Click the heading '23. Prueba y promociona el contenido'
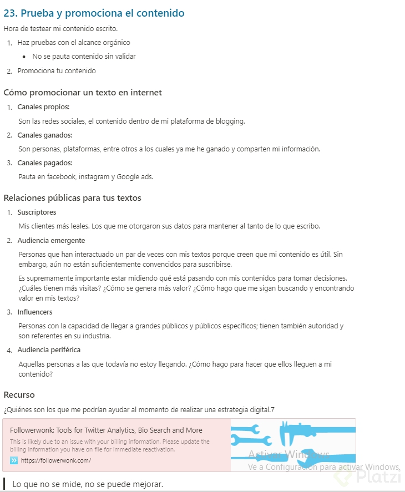coord(94,13)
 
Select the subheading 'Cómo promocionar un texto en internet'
coord(83,93)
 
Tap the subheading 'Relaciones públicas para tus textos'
coord(72,198)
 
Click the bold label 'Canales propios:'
coord(43,107)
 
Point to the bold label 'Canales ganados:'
coord(45,135)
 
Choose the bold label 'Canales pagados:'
coord(45,163)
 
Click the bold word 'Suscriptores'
coord(37,212)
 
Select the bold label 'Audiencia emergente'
coord(51,241)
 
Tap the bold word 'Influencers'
coord(35,312)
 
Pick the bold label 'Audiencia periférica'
coord(49,350)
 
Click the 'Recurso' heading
coord(19,395)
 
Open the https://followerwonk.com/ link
coord(56,460)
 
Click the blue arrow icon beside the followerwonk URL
coord(14,460)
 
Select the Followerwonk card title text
coord(106,430)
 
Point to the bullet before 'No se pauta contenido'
coord(24,57)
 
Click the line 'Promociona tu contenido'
coord(57,71)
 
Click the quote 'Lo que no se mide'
coord(88,484)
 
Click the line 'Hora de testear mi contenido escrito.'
coord(60,28)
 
